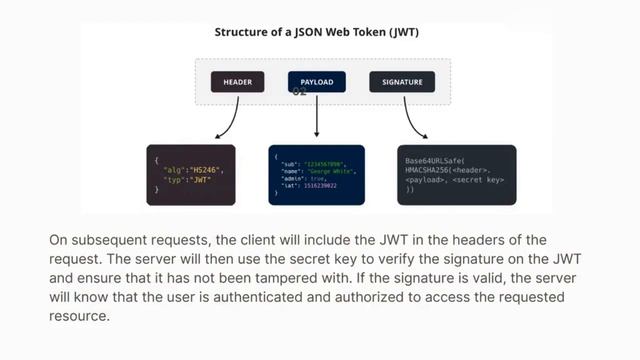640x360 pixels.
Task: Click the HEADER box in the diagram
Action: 237,82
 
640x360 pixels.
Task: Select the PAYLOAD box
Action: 317,82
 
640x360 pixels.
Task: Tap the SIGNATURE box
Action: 402,82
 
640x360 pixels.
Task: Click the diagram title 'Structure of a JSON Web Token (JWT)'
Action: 315,32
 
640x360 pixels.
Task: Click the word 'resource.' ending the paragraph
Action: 78,317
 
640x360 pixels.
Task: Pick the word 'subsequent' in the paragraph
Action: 107,241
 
